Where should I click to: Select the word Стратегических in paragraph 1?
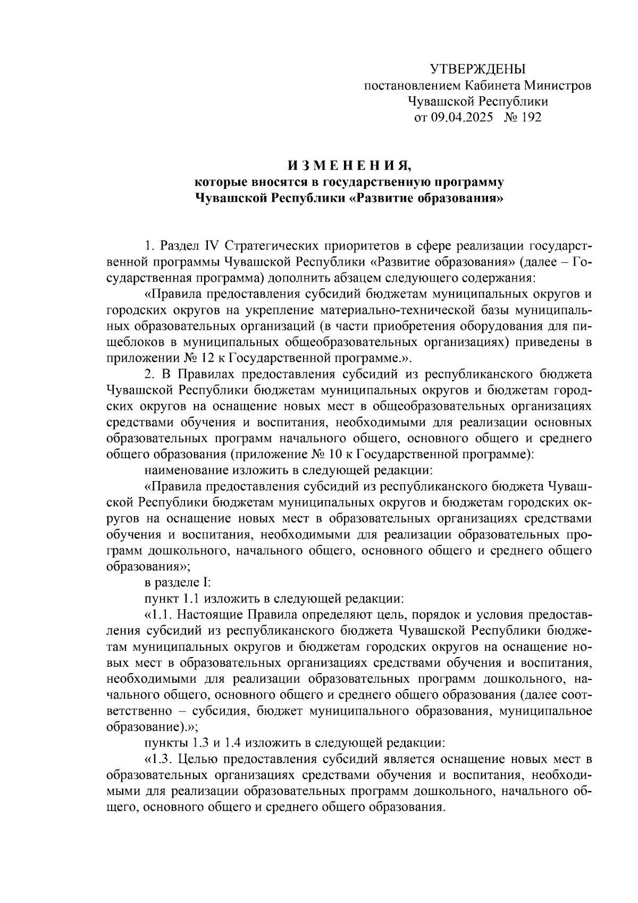(x=266, y=246)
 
